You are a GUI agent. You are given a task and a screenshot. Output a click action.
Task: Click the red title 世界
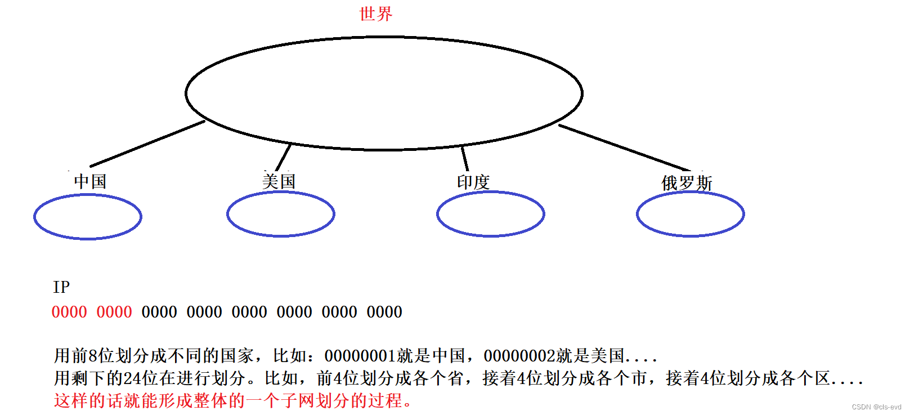tap(375, 14)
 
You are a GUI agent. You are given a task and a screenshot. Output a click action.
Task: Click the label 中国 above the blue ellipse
tap(90, 181)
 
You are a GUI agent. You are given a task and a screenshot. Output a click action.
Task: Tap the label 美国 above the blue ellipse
tap(279, 181)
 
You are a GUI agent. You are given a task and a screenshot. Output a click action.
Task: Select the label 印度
tap(473, 182)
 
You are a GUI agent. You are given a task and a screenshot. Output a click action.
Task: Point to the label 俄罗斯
tap(687, 183)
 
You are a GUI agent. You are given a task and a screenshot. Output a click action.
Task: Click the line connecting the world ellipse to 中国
tap(147, 144)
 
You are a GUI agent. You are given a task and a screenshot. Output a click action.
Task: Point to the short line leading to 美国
tap(284, 157)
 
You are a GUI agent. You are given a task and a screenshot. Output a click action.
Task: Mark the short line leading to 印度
tap(465, 158)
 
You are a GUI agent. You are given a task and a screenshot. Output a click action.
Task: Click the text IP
tap(61, 287)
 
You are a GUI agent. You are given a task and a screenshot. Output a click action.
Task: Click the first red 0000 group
tap(69, 312)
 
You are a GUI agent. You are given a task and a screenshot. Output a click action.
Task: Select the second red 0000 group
tap(114, 312)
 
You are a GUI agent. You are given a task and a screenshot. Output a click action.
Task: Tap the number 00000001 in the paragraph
tap(360, 356)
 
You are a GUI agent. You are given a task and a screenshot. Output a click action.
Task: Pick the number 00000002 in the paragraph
tap(519, 356)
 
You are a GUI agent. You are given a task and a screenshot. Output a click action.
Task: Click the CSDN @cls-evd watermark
tap(876, 407)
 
